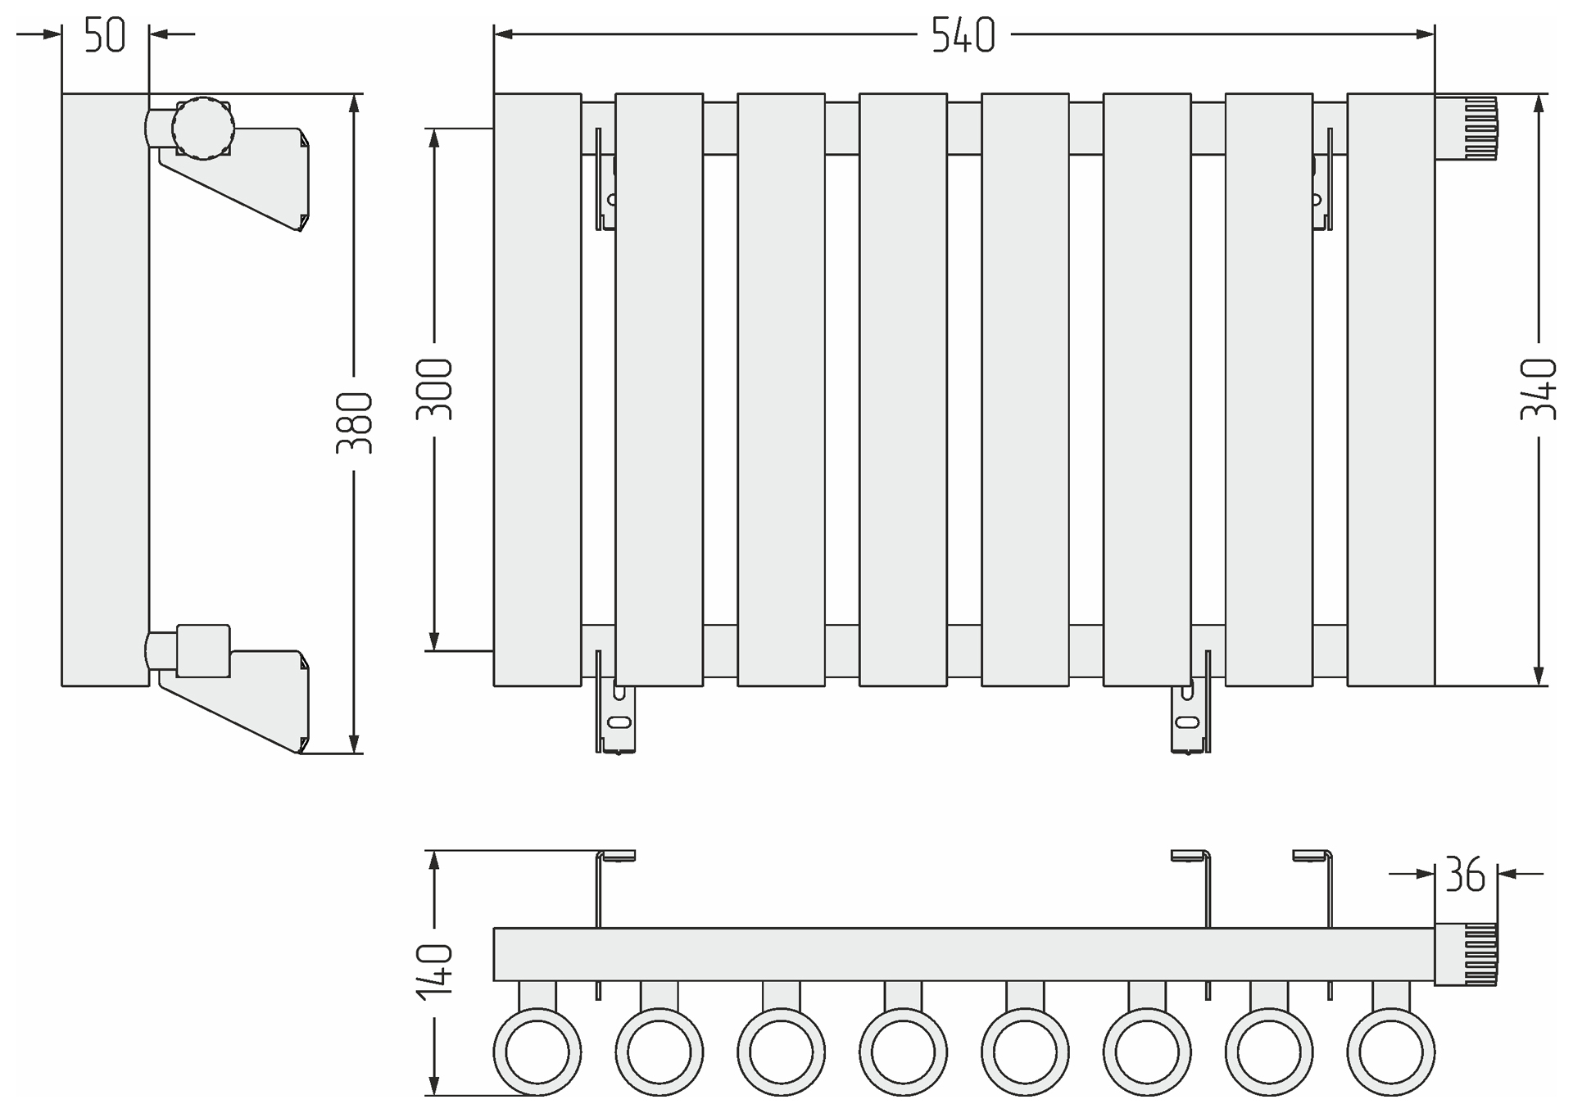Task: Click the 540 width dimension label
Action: pyautogui.click(x=963, y=36)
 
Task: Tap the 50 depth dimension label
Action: pyautogui.click(x=105, y=36)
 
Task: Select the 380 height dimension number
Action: pyautogui.click(x=355, y=423)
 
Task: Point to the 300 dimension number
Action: pyautogui.click(x=434, y=390)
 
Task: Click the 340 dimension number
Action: pyautogui.click(x=1538, y=390)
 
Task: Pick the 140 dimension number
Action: pyautogui.click(x=434, y=971)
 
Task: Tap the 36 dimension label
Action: pyautogui.click(x=1465, y=875)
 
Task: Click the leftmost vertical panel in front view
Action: pyautogui.click(x=537, y=389)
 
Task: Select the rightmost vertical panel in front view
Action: pyautogui.click(x=1390, y=389)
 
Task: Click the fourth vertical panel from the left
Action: pyautogui.click(x=903, y=389)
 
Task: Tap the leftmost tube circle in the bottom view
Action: pyautogui.click(x=537, y=1052)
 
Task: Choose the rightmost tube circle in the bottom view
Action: pyautogui.click(x=1390, y=1052)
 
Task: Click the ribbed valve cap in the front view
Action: pyautogui.click(x=1466, y=128)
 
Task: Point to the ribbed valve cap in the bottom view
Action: pyautogui.click(x=1466, y=954)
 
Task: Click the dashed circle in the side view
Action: pyautogui.click(x=203, y=128)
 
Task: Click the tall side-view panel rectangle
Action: pyautogui.click(x=105, y=389)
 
